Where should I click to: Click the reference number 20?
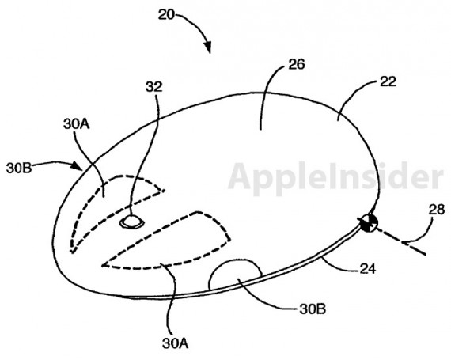166,15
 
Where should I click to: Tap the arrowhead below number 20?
207,47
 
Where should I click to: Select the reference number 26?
296,64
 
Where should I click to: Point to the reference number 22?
388,81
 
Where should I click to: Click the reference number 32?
153,86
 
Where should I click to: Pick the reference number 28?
436,210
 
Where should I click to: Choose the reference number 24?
368,269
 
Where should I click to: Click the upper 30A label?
77,124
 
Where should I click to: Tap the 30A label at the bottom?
175,343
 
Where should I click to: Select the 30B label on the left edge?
19,168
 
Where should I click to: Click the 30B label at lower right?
313,309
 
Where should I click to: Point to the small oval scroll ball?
131,222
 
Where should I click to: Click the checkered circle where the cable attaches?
369,223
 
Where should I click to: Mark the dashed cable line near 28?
400,240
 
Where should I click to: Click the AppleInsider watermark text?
335,178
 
